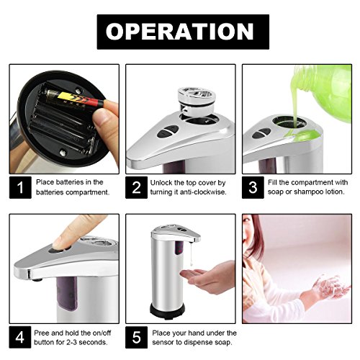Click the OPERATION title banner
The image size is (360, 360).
pyautogui.click(x=183, y=32)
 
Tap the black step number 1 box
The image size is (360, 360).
pyautogui.click(x=20, y=187)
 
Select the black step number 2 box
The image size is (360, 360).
pyautogui.click(x=136, y=187)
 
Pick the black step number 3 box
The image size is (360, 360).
pyautogui.click(x=253, y=187)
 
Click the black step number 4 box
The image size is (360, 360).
pyautogui.click(x=20, y=337)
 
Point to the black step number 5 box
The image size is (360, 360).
pyautogui.click(x=136, y=337)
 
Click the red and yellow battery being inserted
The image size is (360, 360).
pyautogui.click(x=76, y=99)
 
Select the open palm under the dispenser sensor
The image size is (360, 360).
pyautogui.click(x=204, y=276)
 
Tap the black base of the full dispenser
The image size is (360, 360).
pyautogui.click(x=167, y=310)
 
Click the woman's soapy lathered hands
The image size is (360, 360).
pyautogui.click(x=330, y=287)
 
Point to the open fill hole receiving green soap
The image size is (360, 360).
pyautogui.click(x=290, y=122)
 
